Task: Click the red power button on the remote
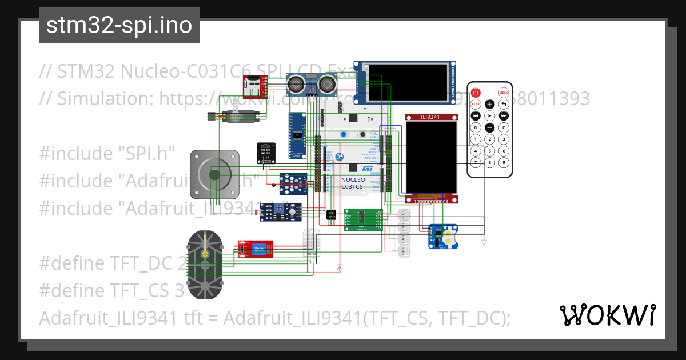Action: click(476, 93)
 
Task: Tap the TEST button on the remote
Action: click(476, 104)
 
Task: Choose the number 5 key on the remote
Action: click(490, 151)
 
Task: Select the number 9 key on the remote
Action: click(504, 163)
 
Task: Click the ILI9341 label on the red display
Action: click(432, 117)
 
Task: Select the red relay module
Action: click(255, 249)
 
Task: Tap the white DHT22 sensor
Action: click(311, 243)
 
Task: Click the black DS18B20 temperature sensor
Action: click(331, 215)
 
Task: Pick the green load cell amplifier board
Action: click(362, 219)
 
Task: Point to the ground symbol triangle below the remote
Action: click(484, 243)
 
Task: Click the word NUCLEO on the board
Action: click(353, 179)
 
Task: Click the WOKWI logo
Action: click(608, 315)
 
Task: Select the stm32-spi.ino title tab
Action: click(119, 25)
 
